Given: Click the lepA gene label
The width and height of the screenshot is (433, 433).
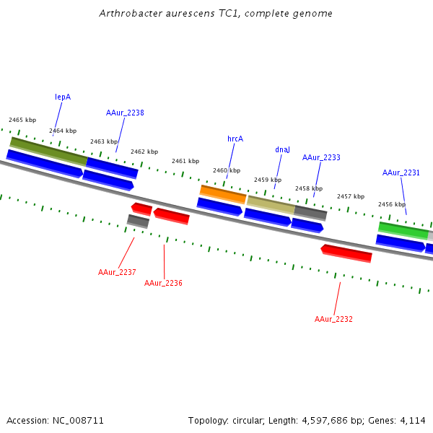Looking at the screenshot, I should (63, 97).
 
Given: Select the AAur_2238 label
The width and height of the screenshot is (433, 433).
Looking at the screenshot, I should (125, 113).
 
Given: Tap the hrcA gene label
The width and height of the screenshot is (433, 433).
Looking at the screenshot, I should (235, 139).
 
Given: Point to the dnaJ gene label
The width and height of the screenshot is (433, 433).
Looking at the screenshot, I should (282, 149).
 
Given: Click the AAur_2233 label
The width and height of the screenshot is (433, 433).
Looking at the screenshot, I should (321, 157).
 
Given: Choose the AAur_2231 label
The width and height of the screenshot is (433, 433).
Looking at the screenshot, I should (401, 172).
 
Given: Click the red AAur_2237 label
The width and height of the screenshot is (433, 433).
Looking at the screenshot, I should (117, 272).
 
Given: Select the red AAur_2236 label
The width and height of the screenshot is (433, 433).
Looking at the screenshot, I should (163, 283).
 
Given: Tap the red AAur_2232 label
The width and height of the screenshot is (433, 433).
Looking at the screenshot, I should (333, 319).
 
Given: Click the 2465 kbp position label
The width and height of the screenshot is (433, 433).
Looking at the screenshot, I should (22, 120).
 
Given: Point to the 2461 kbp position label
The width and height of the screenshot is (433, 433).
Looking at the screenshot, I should (185, 161).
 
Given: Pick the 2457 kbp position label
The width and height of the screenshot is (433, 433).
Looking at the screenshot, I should (351, 196).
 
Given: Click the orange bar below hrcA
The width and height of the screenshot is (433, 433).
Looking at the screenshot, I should (223, 193).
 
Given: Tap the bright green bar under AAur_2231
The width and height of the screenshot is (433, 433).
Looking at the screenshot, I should (403, 230).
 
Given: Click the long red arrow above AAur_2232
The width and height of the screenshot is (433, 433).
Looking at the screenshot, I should (346, 253).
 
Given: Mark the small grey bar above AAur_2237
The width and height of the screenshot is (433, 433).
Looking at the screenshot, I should (138, 221).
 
